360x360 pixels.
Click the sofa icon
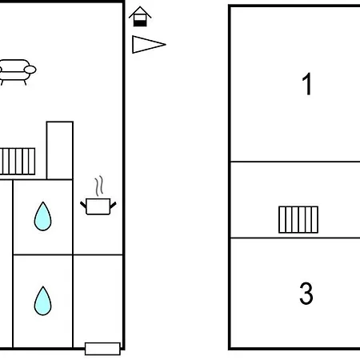tap(17, 72)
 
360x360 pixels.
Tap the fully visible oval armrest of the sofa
tap(30, 70)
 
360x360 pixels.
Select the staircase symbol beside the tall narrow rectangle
tap(18, 162)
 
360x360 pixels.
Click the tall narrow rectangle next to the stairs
tap(60, 150)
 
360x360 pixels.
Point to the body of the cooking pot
tap(98, 206)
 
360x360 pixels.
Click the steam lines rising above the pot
tap(99, 186)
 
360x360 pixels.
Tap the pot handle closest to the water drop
tap(83, 205)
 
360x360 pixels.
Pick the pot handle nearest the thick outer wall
tap(113, 205)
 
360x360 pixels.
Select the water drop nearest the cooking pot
tap(42, 217)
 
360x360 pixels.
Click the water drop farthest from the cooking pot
tap(42, 301)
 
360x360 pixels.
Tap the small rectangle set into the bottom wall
tap(102, 349)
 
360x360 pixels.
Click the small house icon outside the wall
tap(140, 17)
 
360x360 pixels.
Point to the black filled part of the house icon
tap(140, 23)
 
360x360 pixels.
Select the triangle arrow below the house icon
tap(149, 45)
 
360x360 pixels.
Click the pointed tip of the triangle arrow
tap(166, 45)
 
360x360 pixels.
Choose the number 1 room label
tap(307, 84)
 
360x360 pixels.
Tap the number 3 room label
tap(306, 293)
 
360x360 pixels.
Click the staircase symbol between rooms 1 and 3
tap(298, 220)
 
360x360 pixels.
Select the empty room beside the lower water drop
tap(98, 298)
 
